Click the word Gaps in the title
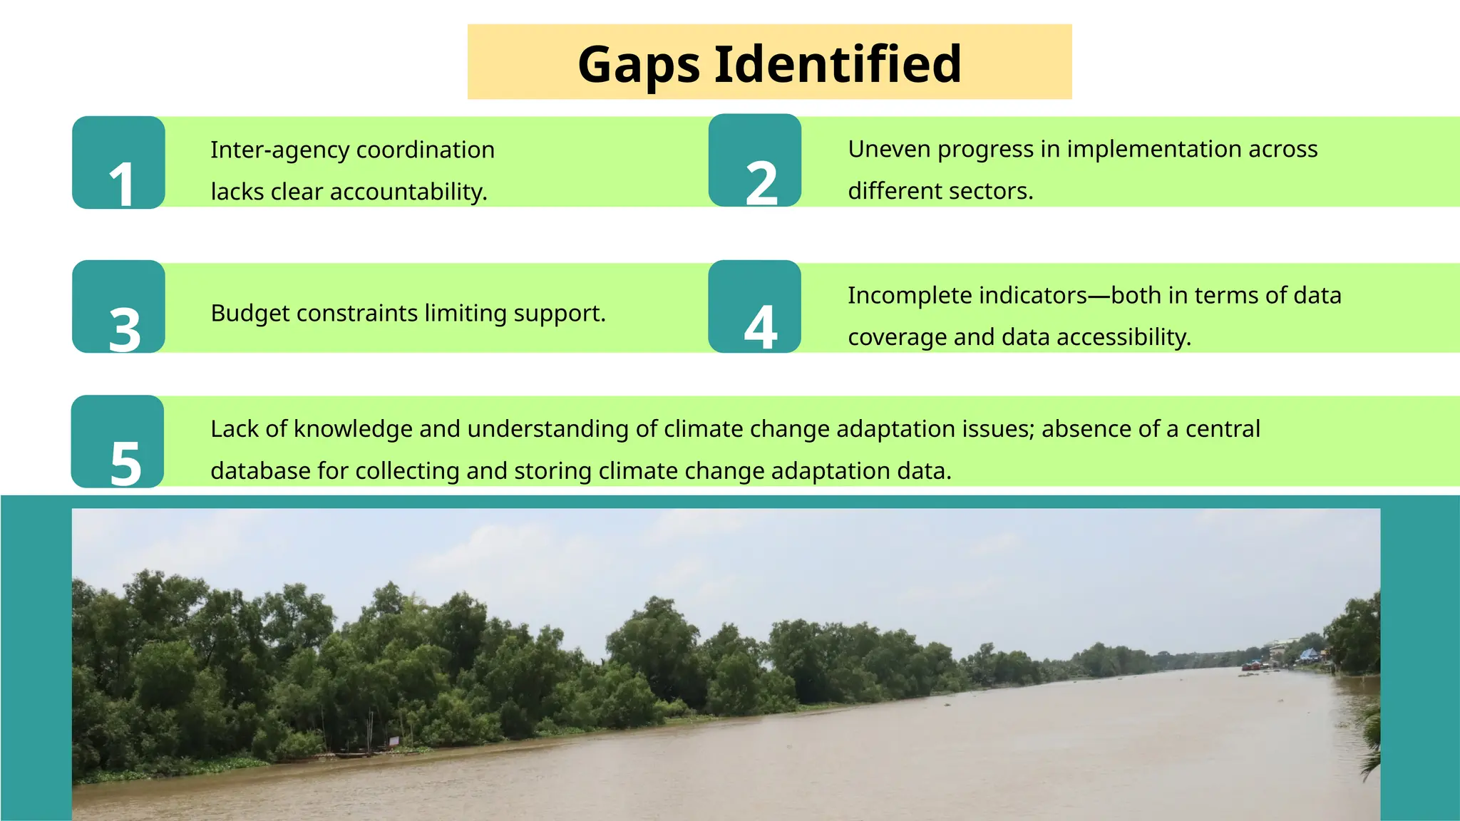point(639,64)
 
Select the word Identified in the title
point(838,64)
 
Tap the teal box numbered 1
point(118,162)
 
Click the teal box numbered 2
point(755,160)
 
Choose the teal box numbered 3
point(118,307)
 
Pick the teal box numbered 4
point(755,306)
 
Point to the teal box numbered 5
point(118,442)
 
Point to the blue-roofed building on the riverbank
point(1310,654)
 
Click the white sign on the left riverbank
point(394,740)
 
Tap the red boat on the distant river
point(1251,666)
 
